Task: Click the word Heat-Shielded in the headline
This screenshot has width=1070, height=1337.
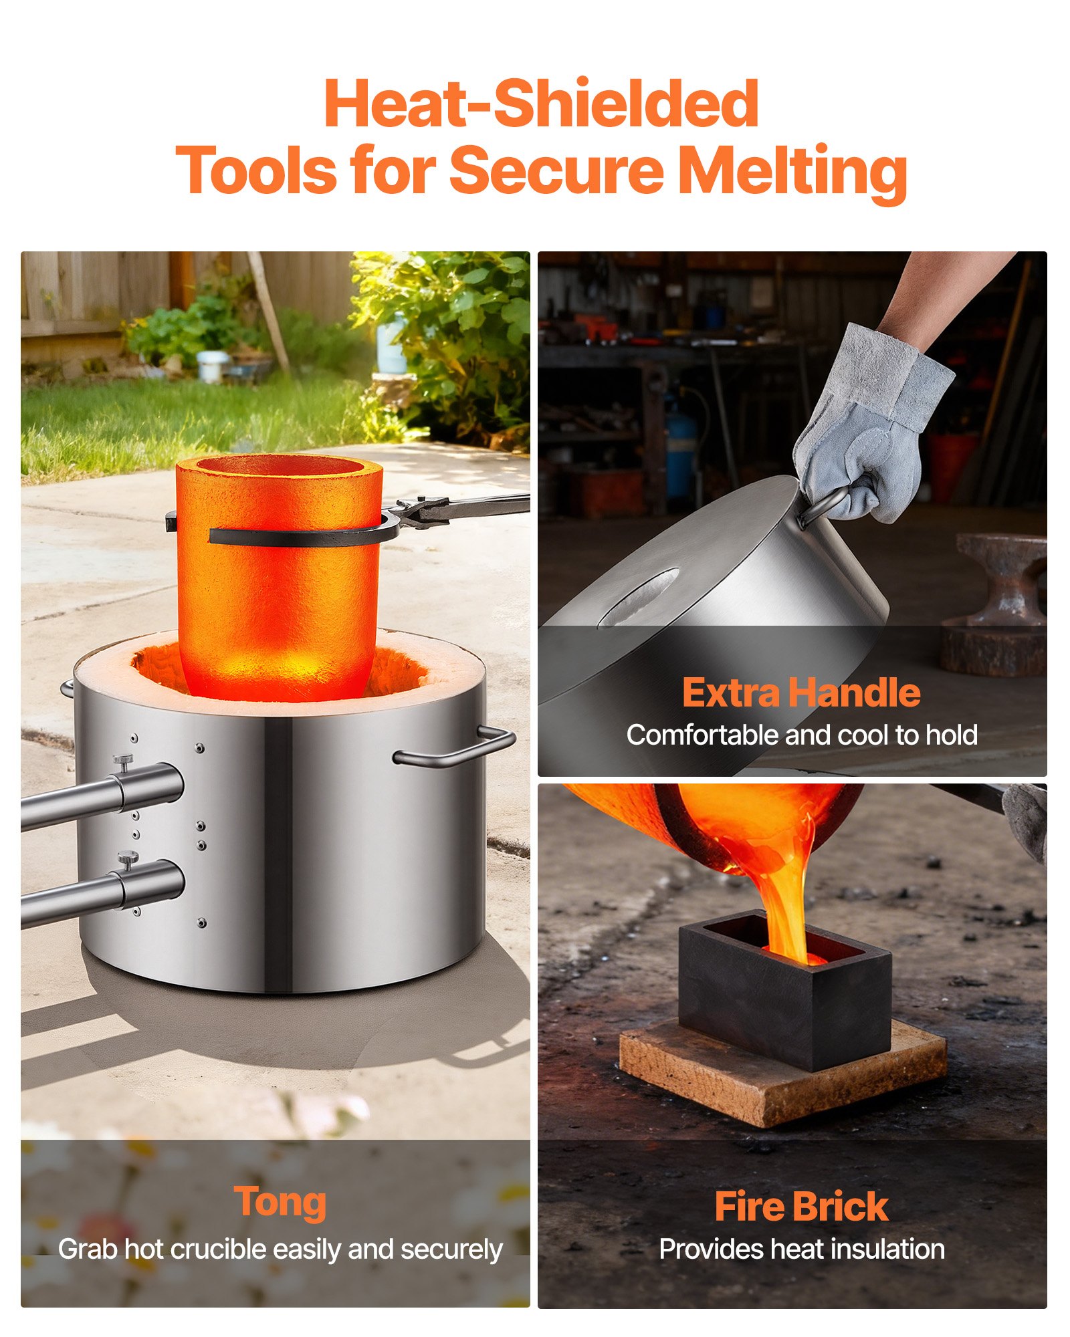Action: click(x=541, y=104)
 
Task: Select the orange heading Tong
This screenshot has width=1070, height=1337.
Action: click(x=280, y=1202)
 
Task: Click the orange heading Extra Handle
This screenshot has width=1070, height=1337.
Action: click(x=800, y=693)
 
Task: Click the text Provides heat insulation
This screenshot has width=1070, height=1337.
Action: click(x=801, y=1249)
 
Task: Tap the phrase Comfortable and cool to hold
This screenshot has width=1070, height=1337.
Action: click(x=801, y=735)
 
